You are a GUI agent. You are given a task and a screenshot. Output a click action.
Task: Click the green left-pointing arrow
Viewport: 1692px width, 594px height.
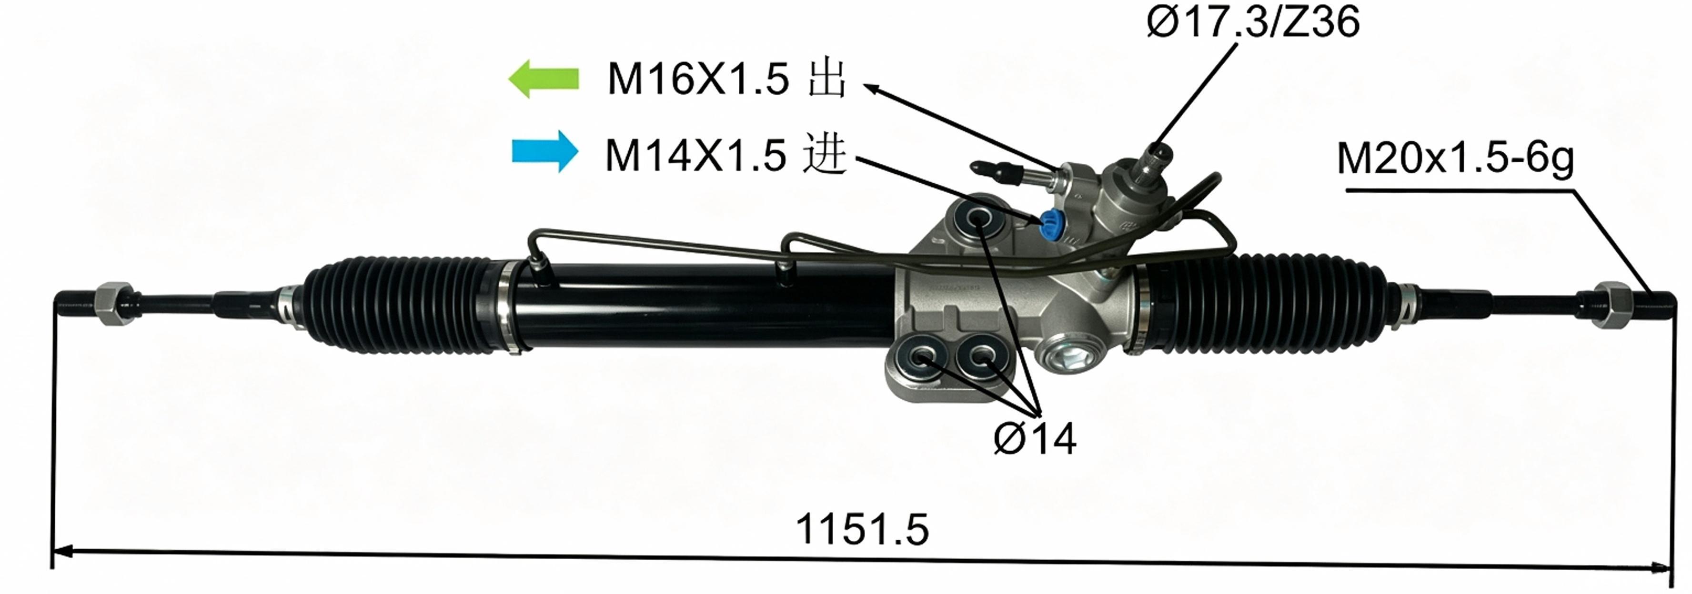(544, 79)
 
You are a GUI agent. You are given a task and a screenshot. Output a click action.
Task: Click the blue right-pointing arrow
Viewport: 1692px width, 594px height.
(545, 152)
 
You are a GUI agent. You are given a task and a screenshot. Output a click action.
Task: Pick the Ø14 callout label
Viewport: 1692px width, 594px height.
(1035, 438)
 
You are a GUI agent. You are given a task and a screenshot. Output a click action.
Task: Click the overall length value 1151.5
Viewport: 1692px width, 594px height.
(862, 529)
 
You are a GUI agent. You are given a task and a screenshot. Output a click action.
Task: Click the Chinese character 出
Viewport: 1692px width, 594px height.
(826, 79)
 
